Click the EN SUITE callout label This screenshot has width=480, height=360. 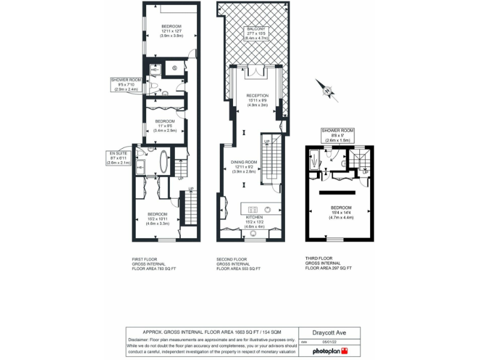(x=119, y=159)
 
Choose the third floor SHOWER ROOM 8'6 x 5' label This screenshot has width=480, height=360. (x=337, y=135)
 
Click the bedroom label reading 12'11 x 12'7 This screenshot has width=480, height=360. (x=171, y=31)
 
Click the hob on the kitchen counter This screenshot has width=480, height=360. (x=254, y=209)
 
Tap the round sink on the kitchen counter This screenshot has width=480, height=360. (x=269, y=209)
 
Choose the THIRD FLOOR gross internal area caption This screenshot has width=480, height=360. (x=329, y=263)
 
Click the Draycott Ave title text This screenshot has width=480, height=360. (x=331, y=333)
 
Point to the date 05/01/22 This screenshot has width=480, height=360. (x=329, y=342)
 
